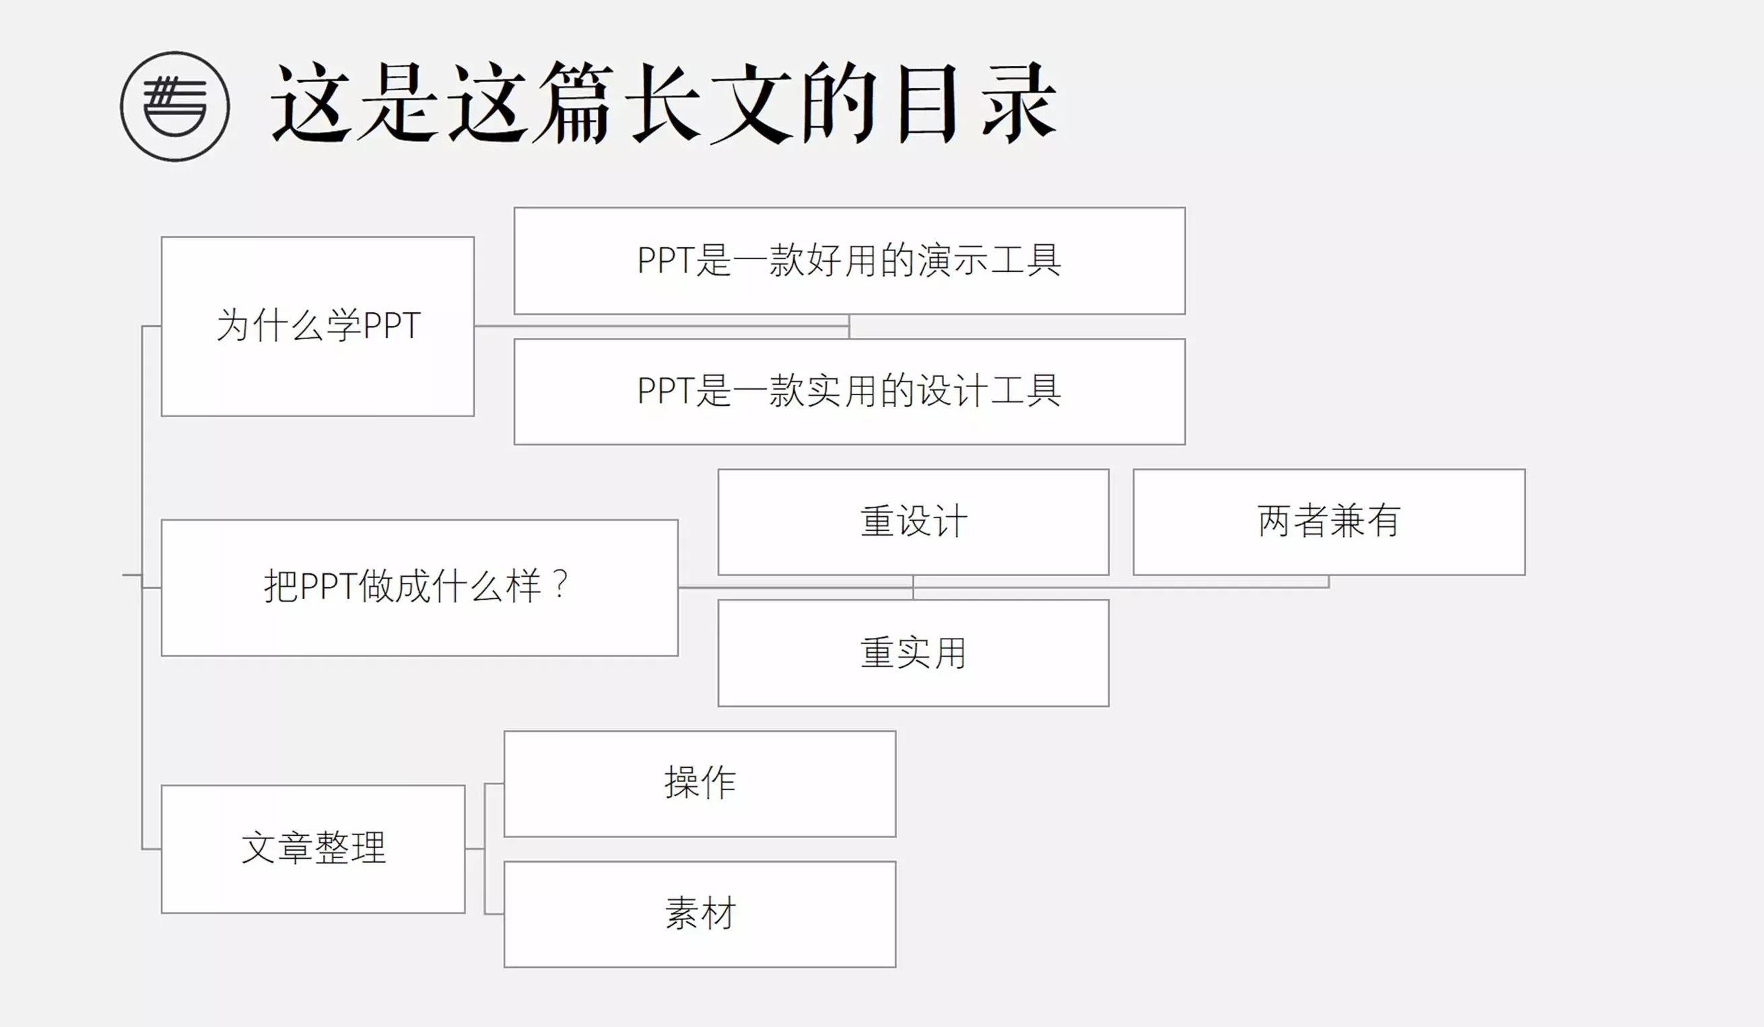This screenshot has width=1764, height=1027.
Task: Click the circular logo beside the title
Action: pyautogui.click(x=175, y=106)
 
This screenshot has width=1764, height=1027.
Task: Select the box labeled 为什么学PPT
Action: pyautogui.click(x=318, y=326)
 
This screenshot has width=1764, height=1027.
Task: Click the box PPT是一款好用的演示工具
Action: pyautogui.click(x=849, y=261)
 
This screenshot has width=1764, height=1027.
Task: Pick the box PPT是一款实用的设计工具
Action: pyautogui.click(x=849, y=392)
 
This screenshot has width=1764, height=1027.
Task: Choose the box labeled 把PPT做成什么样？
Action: pyautogui.click(x=419, y=588)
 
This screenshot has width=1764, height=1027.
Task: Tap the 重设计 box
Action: pyautogui.click(x=914, y=522)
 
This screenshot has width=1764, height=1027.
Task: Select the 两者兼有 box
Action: pyautogui.click(x=1328, y=522)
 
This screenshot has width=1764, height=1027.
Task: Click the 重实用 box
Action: pyautogui.click(x=914, y=653)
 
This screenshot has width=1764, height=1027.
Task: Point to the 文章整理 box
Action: pyautogui.click(x=313, y=849)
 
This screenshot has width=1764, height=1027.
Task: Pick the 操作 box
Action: pyautogui.click(x=700, y=783)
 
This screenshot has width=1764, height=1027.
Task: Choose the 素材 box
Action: pyautogui.click(x=700, y=915)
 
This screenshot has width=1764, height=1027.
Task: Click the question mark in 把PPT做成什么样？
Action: pyautogui.click(x=560, y=585)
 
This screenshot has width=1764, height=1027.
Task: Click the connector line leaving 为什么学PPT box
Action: pyautogui.click(x=661, y=326)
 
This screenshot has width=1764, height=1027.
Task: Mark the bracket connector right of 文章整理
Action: pyautogui.click(x=484, y=849)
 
